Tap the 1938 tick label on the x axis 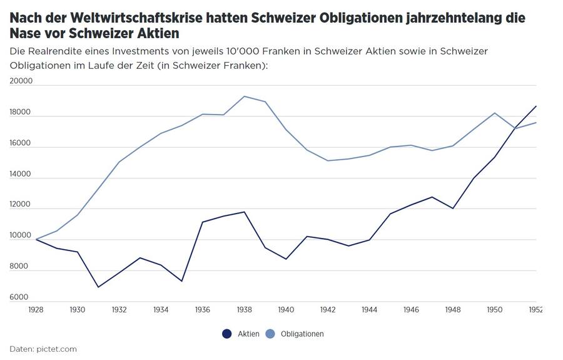click(245, 309)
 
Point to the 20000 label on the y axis click(21, 81)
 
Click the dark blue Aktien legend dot click(227, 334)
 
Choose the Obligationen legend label click(302, 334)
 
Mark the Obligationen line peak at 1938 click(245, 96)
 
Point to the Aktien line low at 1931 click(98, 287)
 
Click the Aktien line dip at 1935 click(182, 281)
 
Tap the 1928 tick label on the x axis click(36, 309)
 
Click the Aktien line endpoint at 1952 click(536, 106)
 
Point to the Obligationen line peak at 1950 click(495, 113)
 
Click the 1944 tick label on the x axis click(370, 309)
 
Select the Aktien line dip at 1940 click(286, 259)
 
